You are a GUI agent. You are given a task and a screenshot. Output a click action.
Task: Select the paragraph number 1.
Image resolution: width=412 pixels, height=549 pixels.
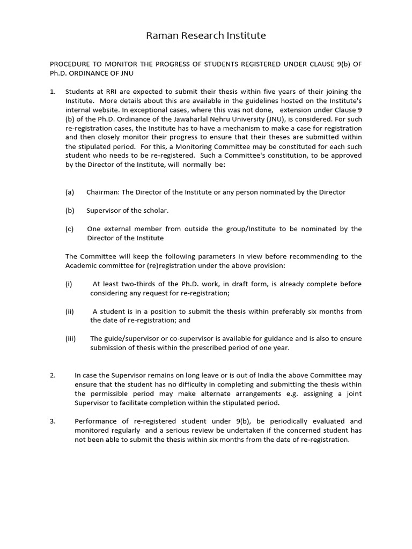[52, 92]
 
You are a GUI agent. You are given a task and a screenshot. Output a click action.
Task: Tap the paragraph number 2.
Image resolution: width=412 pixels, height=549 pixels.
[52, 375]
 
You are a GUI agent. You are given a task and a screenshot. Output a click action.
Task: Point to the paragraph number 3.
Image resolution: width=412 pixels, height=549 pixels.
[52, 421]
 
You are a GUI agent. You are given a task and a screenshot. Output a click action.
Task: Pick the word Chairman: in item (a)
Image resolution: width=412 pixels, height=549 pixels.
[105, 192]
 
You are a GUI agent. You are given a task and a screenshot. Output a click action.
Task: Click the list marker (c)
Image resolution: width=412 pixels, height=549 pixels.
[69, 229]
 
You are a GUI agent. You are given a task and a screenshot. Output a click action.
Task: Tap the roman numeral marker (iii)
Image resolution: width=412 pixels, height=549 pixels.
[71, 338]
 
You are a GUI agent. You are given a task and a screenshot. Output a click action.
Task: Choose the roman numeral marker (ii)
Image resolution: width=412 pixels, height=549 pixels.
[70, 311]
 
